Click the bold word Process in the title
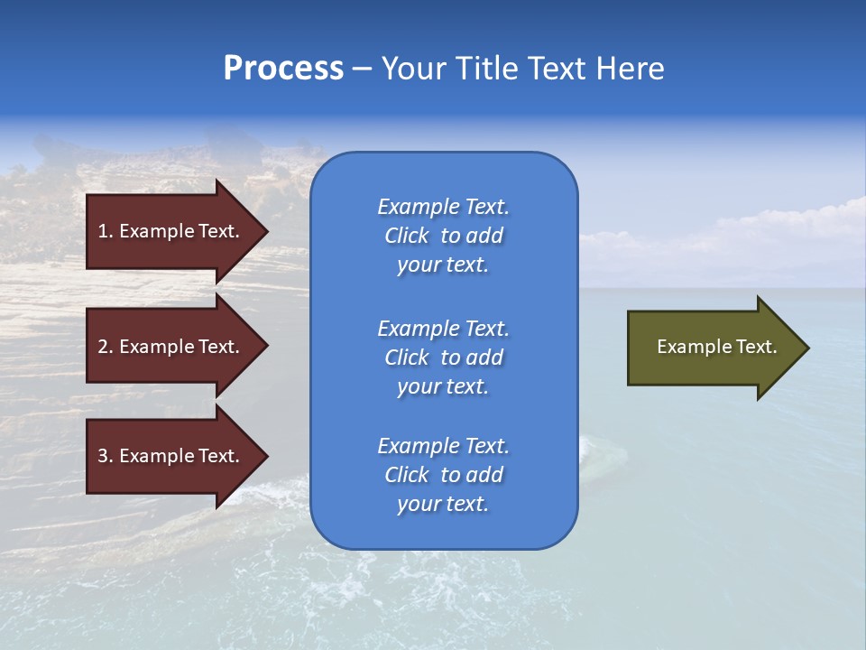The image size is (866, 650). [x=283, y=69]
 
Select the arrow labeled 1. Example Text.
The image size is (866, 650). [x=171, y=231]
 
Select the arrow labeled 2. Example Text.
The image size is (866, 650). [x=171, y=347]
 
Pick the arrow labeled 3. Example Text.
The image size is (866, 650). [x=171, y=456]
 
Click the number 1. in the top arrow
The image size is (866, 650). [x=106, y=231]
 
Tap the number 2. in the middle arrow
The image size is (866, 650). [x=106, y=347]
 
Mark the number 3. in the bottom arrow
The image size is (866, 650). [x=106, y=456]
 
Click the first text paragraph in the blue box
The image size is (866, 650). [x=443, y=236]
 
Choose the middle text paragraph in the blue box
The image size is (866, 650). [x=443, y=357]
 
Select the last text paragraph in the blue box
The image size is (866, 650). [x=443, y=475]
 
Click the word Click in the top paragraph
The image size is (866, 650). [x=406, y=236]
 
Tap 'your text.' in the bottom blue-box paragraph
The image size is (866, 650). [x=443, y=504]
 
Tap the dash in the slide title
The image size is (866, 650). [x=362, y=69]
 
